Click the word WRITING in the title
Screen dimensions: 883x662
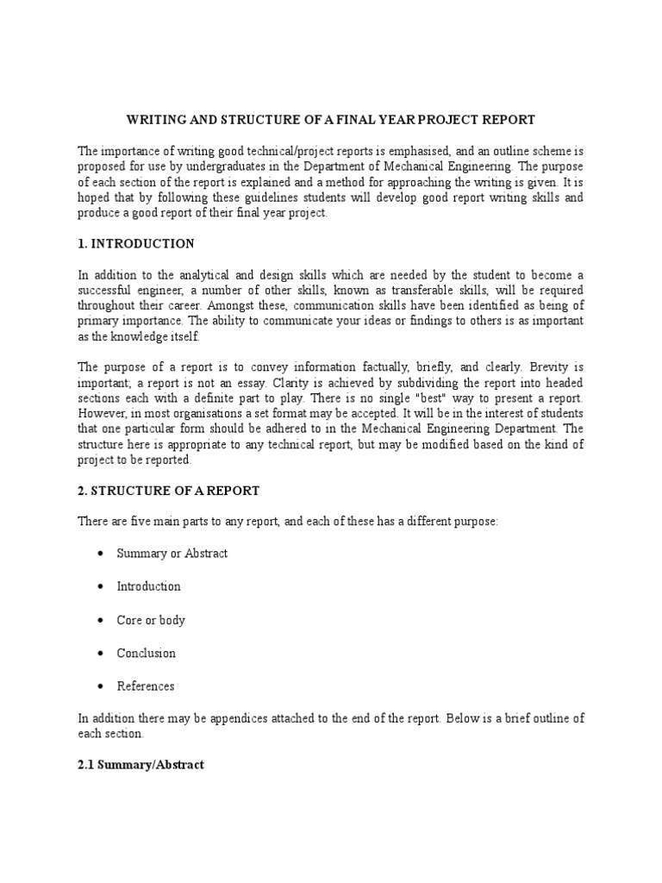click(154, 119)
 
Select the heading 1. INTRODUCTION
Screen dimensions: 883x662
click(136, 243)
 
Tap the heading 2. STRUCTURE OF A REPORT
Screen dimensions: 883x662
click(168, 491)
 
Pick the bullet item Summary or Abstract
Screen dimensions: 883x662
click(172, 553)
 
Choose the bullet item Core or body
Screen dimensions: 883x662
click(151, 620)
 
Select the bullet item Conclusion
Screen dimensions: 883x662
click(146, 653)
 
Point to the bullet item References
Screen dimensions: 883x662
click(145, 686)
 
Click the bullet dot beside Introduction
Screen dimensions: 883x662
click(103, 586)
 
